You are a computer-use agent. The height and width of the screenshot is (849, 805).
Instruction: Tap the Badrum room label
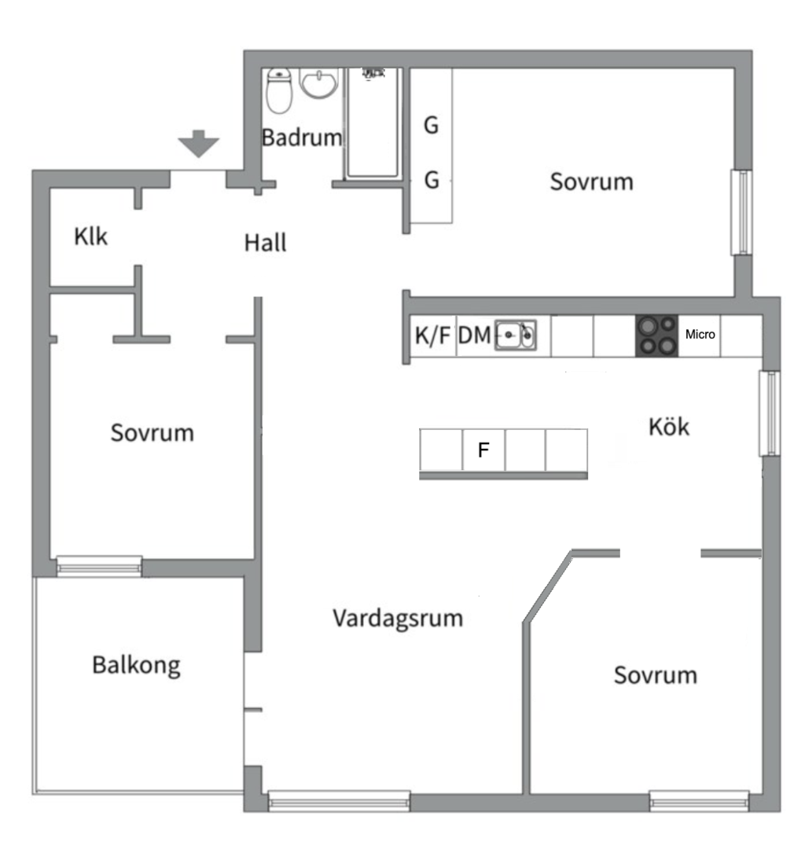[302, 138]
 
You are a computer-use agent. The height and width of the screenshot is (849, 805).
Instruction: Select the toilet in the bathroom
[279, 89]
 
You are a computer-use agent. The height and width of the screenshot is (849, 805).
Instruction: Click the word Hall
[265, 243]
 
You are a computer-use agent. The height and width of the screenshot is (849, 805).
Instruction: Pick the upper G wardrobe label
[431, 126]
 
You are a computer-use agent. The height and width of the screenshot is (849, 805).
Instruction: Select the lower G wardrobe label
[431, 181]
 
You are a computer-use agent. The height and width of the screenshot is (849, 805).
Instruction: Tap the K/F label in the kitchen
[432, 336]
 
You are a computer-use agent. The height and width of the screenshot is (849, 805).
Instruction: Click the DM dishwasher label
[475, 336]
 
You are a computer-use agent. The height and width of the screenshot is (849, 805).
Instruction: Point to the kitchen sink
[516, 335]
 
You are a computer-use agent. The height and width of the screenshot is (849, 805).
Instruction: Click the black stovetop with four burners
[656, 335]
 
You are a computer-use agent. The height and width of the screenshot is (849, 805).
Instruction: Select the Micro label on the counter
[700, 335]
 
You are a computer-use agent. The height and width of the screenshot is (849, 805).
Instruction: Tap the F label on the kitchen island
[484, 450]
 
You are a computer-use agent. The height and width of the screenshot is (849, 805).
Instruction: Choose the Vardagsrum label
[397, 618]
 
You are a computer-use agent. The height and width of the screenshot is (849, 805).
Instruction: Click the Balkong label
[136, 665]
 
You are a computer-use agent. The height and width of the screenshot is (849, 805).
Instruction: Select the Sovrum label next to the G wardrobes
[591, 182]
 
